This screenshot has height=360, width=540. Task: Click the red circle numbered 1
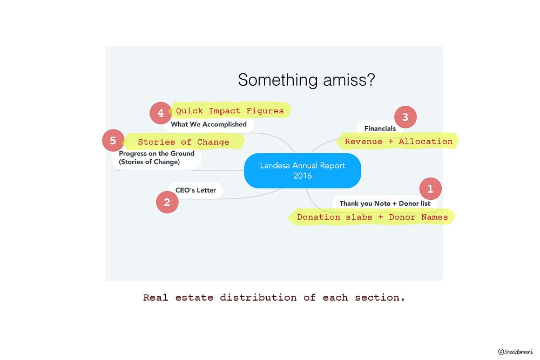point(430,189)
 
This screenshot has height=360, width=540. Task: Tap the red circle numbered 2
point(167,202)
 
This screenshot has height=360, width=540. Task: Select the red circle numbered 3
point(405,117)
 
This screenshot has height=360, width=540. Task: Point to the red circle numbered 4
point(160,113)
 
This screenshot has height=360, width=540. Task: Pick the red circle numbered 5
point(113,141)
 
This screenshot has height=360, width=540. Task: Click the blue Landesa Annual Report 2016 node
point(302,171)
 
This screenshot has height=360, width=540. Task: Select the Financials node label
point(380,128)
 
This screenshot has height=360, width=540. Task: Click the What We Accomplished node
point(208,124)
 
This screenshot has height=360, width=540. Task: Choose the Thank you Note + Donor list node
point(384,203)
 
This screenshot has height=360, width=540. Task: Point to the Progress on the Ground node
point(156,158)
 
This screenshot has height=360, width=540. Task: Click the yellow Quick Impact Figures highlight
point(230,111)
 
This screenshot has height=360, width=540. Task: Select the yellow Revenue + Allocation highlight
point(399,141)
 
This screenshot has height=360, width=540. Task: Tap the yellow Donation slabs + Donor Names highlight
point(372,217)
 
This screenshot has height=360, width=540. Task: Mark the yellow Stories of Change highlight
point(184,142)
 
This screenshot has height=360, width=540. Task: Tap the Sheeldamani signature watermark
point(515,351)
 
